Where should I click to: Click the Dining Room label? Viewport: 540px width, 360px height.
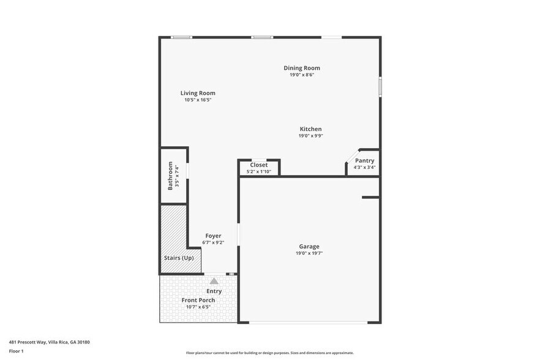301,68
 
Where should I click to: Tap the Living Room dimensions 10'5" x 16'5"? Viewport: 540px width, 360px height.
197,100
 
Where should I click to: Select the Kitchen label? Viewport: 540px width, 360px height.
310,129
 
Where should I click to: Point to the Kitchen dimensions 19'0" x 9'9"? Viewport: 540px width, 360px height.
310,136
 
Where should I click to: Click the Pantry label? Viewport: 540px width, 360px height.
364,160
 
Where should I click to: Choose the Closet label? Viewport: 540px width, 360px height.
258,165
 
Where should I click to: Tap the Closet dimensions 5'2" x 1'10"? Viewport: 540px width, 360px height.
258,171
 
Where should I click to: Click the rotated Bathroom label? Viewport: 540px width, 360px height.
171,176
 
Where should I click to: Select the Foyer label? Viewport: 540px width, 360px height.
213,236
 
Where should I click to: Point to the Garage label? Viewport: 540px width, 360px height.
309,246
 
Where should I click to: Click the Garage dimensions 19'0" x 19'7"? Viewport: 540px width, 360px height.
309,253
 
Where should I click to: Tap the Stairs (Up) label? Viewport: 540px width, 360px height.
179,258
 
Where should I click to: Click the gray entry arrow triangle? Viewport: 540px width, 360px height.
214,280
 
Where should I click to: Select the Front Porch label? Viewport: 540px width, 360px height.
198,300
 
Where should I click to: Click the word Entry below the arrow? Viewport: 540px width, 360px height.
214,291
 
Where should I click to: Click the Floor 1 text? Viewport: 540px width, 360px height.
16,351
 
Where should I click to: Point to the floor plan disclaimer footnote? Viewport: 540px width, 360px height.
269,353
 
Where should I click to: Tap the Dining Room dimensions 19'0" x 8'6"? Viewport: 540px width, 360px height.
301,75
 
